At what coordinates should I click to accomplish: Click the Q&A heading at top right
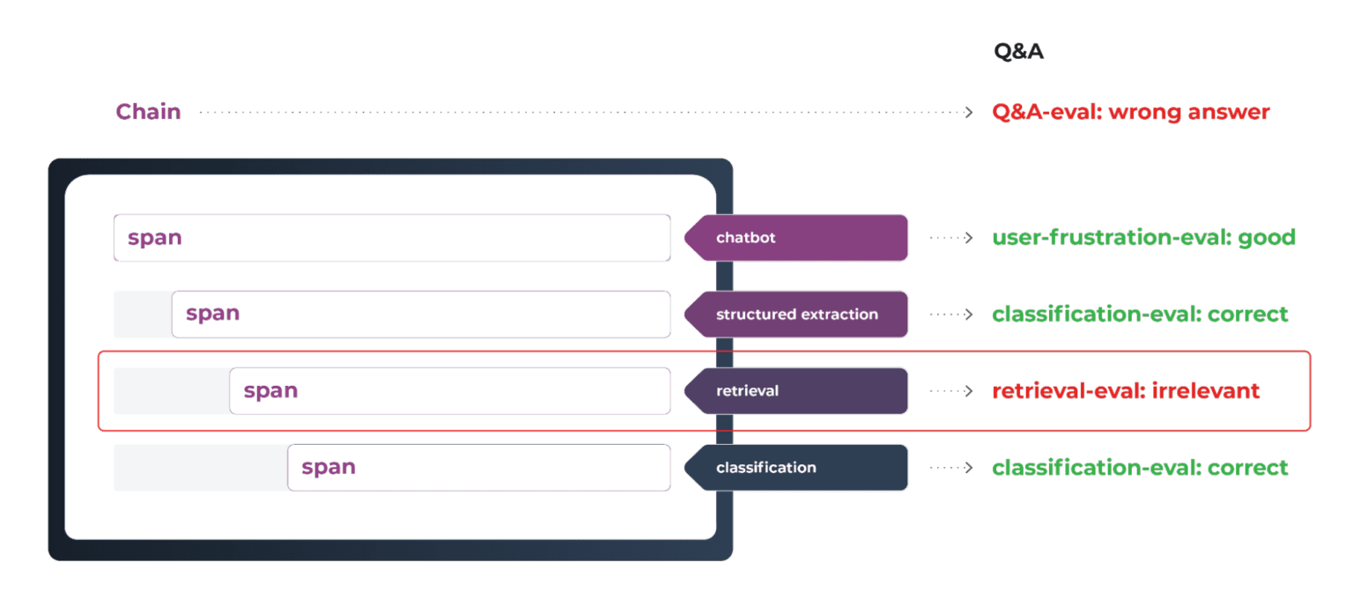(x=1018, y=52)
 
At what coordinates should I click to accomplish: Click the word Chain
(x=149, y=112)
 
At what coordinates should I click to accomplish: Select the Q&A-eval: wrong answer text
(x=1131, y=113)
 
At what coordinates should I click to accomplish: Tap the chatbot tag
(x=797, y=238)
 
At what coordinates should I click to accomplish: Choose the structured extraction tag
(x=797, y=314)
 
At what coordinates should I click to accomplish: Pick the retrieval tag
(x=797, y=390)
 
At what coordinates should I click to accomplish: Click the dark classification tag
(x=797, y=468)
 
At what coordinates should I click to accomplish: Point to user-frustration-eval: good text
(x=1143, y=238)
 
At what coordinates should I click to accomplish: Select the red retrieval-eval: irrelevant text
(x=1126, y=391)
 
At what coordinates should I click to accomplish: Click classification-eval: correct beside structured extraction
(x=1140, y=314)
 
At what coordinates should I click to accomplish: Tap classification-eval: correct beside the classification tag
(x=1140, y=468)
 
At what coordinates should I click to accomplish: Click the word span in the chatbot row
(x=155, y=238)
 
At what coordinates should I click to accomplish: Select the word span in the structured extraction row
(x=213, y=314)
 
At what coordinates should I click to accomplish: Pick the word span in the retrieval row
(x=270, y=390)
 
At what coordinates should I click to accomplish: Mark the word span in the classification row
(x=329, y=468)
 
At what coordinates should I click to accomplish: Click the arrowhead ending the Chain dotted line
(x=969, y=113)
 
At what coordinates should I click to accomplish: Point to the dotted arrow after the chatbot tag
(x=951, y=238)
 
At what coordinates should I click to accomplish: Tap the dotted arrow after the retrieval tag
(x=951, y=391)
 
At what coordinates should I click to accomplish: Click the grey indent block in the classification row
(x=200, y=468)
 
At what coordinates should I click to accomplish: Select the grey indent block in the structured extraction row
(x=143, y=314)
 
